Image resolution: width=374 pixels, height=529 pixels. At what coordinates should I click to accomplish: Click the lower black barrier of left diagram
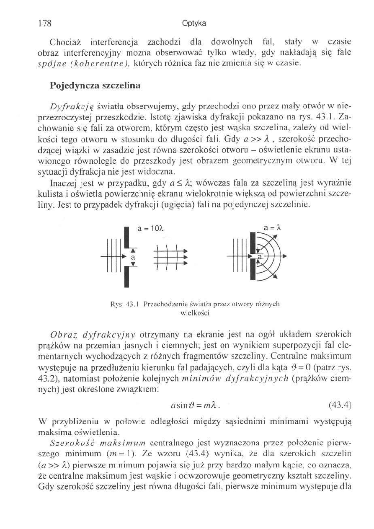tap(125, 277)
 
